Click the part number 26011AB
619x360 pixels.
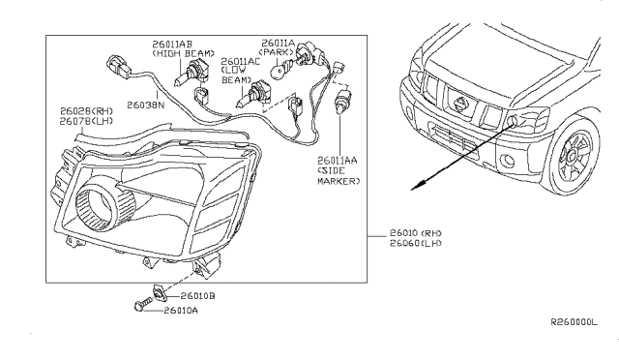pos(171,45)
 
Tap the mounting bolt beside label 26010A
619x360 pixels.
pos(140,308)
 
